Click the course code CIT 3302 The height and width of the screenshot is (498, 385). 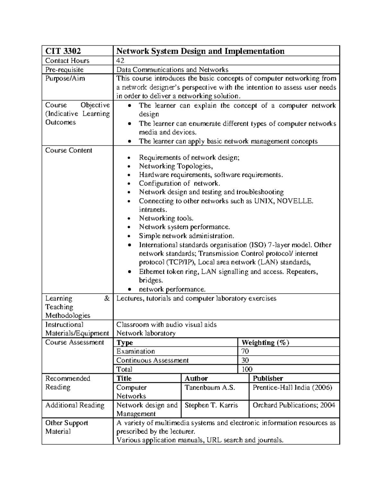click(x=63, y=51)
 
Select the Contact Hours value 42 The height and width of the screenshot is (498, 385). click(x=120, y=61)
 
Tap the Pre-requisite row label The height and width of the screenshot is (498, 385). click(x=64, y=70)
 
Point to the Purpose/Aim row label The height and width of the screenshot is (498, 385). click(x=65, y=79)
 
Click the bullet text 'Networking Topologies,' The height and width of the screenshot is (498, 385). click(x=176, y=166)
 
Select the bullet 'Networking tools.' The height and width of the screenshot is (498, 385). click(x=166, y=218)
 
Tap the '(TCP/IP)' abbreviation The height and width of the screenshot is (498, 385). click(x=181, y=262)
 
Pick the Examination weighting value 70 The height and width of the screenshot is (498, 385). click(x=245, y=351)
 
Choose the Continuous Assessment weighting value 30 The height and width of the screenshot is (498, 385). click(x=245, y=360)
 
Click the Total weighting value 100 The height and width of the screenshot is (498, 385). click(x=247, y=369)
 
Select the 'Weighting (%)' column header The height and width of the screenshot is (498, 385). click(x=265, y=342)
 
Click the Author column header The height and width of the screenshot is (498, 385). click(x=196, y=378)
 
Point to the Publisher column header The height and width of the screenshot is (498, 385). click(x=268, y=378)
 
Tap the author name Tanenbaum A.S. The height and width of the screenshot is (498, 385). click(x=210, y=387)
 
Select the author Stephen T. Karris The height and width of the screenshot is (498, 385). click(x=211, y=405)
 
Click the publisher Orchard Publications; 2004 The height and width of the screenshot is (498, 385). click(x=294, y=405)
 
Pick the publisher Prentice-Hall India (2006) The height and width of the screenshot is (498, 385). click(x=292, y=387)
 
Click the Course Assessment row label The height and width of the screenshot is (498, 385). click(x=74, y=342)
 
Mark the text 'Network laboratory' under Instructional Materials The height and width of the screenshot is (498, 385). click(x=146, y=333)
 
